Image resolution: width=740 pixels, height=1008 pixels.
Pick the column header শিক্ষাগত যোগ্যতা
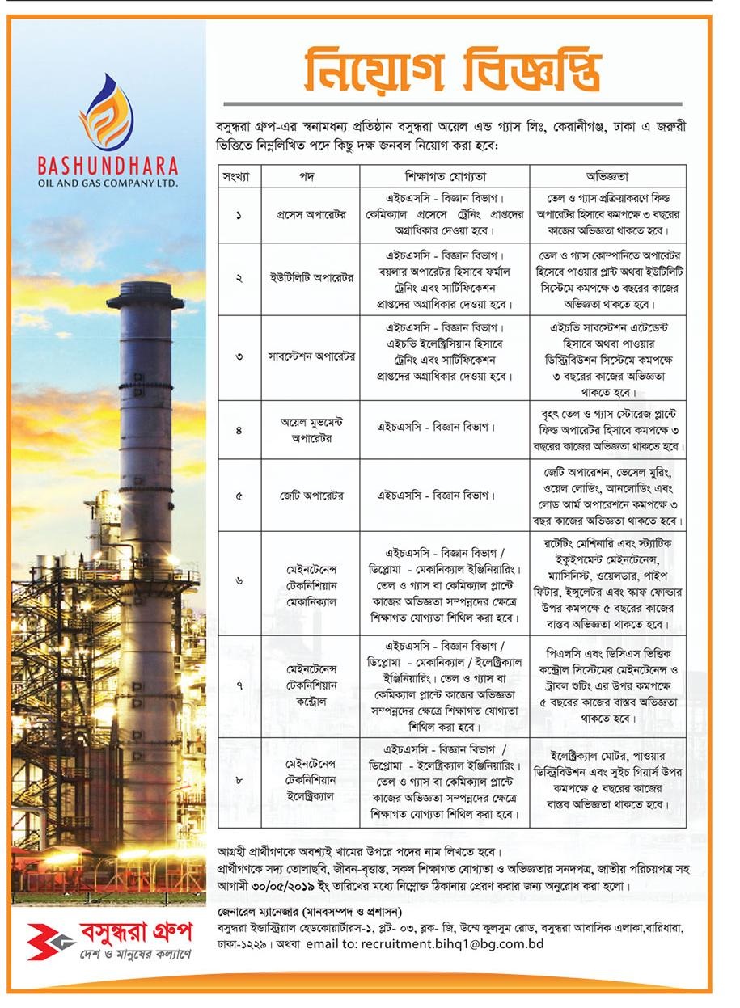[x=445, y=175]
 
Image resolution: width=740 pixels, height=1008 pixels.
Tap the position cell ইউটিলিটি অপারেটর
[x=311, y=278]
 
